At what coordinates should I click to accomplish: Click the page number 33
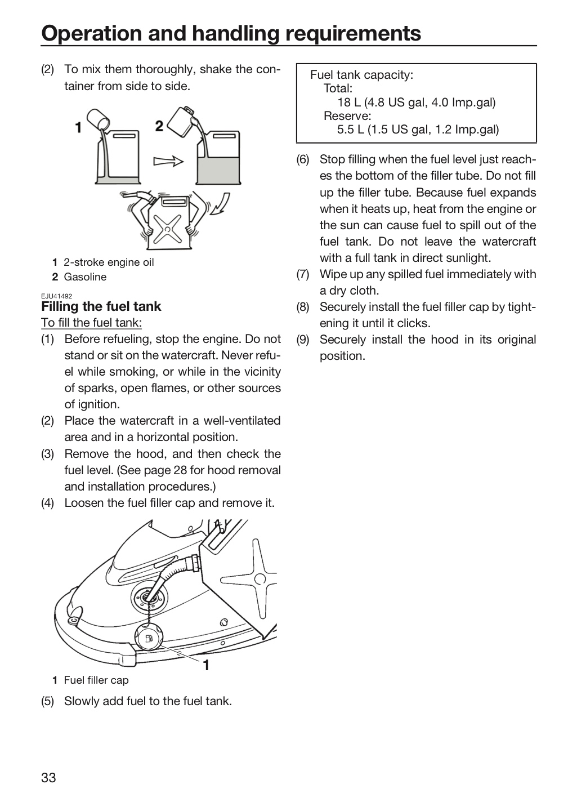pos(48,777)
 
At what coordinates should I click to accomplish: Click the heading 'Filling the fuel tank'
pos(101,306)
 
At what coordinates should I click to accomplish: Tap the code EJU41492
pos(56,296)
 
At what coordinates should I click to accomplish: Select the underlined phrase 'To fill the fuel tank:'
pos(92,323)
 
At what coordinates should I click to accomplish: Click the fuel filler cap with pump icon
pos(149,638)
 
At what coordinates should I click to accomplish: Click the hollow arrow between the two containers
pos(168,161)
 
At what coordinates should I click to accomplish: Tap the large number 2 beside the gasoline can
pos(159,126)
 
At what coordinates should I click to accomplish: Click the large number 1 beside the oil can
pos(78,127)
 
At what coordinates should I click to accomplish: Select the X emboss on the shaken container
pos(167,229)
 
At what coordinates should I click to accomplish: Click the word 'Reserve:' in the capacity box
pos(347,116)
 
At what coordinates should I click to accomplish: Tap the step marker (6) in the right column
pos(303,159)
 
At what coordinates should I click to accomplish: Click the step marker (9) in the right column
pos(303,340)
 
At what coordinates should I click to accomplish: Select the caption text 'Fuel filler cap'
pos(96,680)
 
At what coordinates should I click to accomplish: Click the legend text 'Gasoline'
pos(85,277)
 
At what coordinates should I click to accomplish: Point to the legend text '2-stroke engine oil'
pos(109,262)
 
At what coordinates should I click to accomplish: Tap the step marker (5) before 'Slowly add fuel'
pos(47,701)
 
